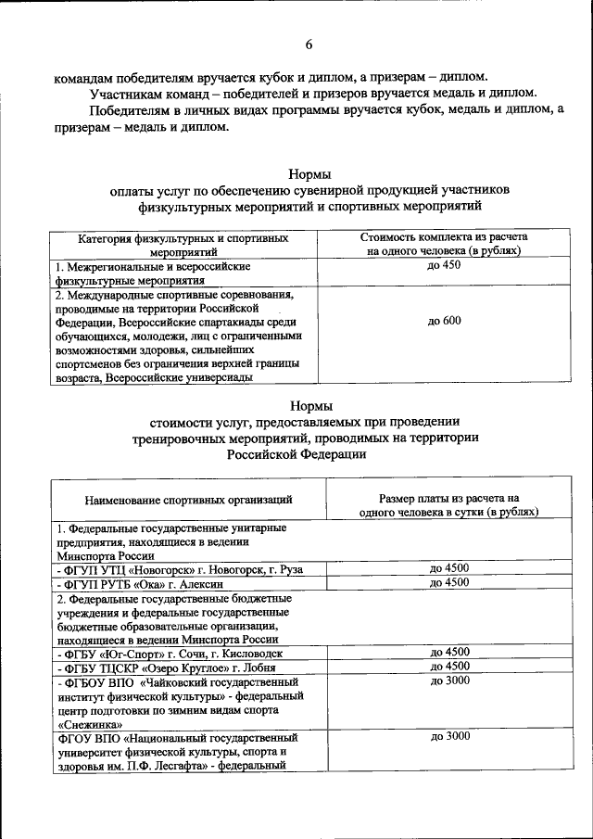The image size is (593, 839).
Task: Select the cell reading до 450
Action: tap(444, 265)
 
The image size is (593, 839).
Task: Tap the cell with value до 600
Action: tap(444, 321)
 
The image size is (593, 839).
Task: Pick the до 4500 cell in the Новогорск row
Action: tap(449, 568)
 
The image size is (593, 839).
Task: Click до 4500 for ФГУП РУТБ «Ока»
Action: tap(449, 582)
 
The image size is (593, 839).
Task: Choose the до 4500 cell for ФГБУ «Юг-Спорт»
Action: tap(449, 652)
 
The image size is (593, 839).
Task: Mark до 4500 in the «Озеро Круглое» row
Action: tap(449, 666)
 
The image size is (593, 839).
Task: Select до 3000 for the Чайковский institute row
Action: tap(449, 680)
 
